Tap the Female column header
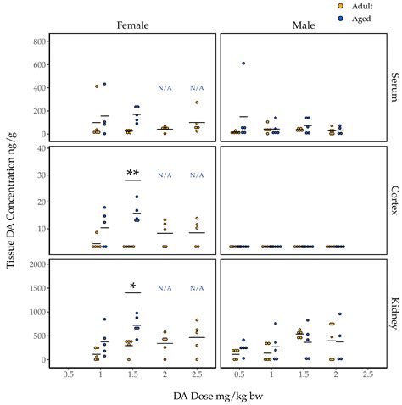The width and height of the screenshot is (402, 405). [132, 25]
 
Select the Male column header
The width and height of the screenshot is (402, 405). [303, 25]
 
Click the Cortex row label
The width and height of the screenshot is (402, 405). [394, 200]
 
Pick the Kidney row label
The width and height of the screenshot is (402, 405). [394, 313]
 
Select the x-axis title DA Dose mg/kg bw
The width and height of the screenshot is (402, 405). [217, 395]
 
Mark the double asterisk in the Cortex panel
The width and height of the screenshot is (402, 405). [132, 174]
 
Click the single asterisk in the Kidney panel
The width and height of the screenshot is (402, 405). [132, 286]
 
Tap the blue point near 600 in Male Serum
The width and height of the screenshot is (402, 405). [243, 64]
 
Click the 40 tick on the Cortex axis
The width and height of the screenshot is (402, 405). [39, 149]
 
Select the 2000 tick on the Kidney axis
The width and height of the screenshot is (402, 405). [33, 264]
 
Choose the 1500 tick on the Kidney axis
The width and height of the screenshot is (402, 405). [33, 288]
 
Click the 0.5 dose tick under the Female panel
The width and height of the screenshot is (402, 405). [66, 374]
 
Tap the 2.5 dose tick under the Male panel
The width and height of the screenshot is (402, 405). [368, 374]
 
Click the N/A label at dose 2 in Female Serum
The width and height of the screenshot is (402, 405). [165, 88]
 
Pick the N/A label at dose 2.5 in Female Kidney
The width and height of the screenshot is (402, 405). [198, 288]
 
